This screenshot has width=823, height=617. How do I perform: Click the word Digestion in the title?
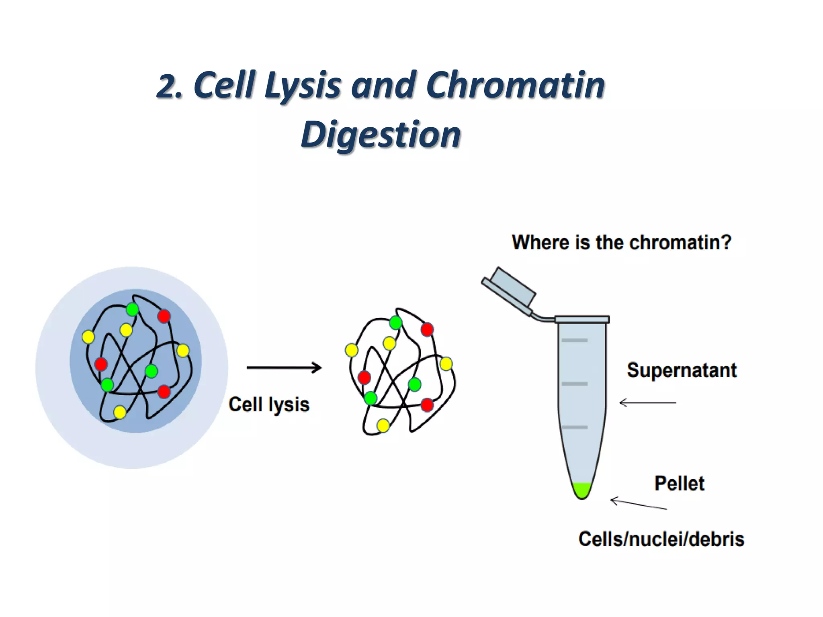coord(381,135)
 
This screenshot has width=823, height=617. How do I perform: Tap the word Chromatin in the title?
coord(515,85)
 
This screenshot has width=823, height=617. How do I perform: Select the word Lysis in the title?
coord(303,85)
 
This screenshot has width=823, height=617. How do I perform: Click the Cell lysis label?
coord(269,404)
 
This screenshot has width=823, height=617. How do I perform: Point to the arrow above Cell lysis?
coord(284,367)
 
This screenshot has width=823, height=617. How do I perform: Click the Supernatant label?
coord(682,370)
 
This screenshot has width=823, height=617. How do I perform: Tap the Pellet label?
coord(679,483)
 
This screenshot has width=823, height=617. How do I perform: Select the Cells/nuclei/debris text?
coord(661,539)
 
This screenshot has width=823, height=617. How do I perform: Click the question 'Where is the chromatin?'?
coord(621,243)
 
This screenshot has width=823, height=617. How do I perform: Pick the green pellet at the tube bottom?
coord(581,490)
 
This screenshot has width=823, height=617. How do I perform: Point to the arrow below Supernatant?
coord(647,402)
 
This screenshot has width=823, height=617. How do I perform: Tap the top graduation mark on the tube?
coord(575,340)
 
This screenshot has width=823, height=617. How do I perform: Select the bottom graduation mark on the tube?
coord(575,427)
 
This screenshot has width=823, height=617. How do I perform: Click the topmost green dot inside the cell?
coord(132,310)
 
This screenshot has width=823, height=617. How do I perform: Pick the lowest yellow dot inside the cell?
coord(120,412)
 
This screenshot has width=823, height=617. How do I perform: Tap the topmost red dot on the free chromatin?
coord(427,330)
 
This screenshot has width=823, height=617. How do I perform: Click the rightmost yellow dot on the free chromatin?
coord(446,364)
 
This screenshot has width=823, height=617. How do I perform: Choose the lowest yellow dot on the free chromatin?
coord(383,425)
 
